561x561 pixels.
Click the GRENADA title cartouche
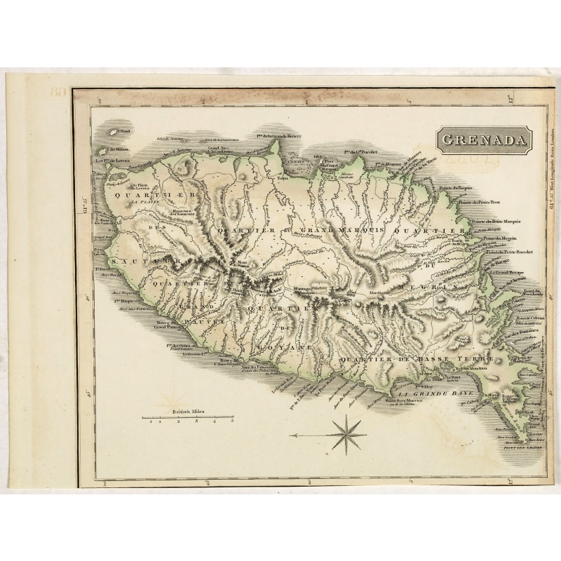tap(483, 140)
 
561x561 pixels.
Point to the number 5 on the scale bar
tap(231, 422)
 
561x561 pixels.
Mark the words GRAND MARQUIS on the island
tap(334, 230)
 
